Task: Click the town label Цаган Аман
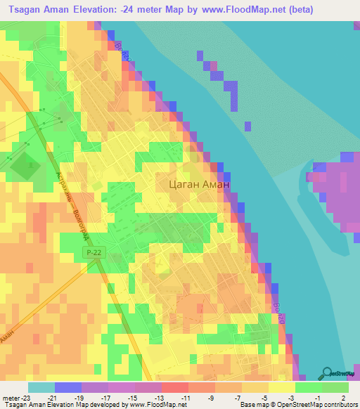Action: point(200,184)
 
